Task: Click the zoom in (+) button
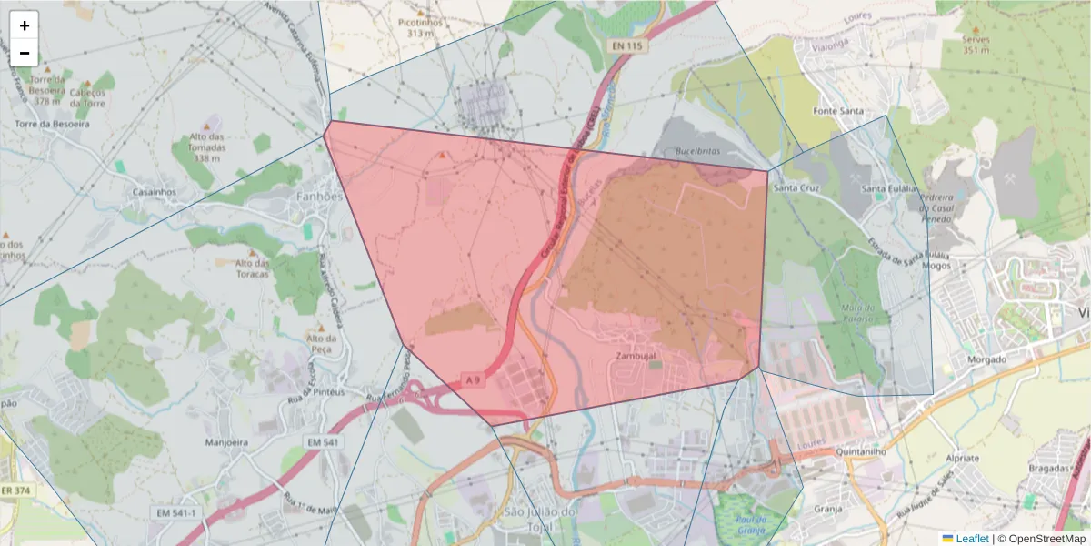coord(25,25)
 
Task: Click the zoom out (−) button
coord(25,53)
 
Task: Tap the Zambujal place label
coord(636,355)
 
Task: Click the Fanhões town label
coord(319,197)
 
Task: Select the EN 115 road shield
coord(627,45)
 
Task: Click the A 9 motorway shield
coord(471,379)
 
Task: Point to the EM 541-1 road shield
coord(175,513)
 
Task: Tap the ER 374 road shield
coord(14,491)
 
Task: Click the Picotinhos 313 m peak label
coord(420,26)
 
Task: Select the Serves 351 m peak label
coord(976,45)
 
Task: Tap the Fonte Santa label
coord(838,111)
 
